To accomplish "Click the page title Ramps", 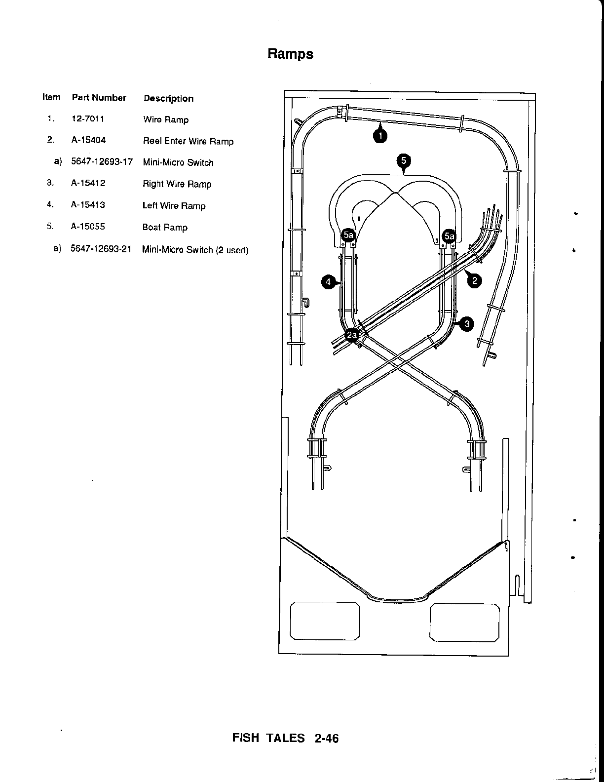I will (x=290, y=53).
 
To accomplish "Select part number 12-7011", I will (x=88, y=119).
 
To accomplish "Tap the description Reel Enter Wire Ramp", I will (x=188, y=141).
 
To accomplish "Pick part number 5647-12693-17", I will (x=102, y=162).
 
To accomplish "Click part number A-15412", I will (x=88, y=183).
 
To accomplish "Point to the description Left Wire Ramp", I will (x=174, y=206).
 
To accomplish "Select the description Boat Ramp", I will (x=165, y=228).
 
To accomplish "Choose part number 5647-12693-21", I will (x=101, y=249).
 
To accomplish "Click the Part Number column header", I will (x=99, y=98).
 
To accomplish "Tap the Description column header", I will (x=168, y=98).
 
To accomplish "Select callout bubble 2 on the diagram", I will (x=474, y=281).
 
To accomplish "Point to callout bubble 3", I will (x=466, y=324).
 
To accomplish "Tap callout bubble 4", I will (x=328, y=282).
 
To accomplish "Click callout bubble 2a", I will (x=352, y=336).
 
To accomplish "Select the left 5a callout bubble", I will (x=349, y=235).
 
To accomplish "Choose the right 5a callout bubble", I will (x=449, y=236).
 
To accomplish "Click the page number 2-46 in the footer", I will (x=326, y=739).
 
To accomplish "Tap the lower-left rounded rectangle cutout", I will (x=325, y=621).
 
